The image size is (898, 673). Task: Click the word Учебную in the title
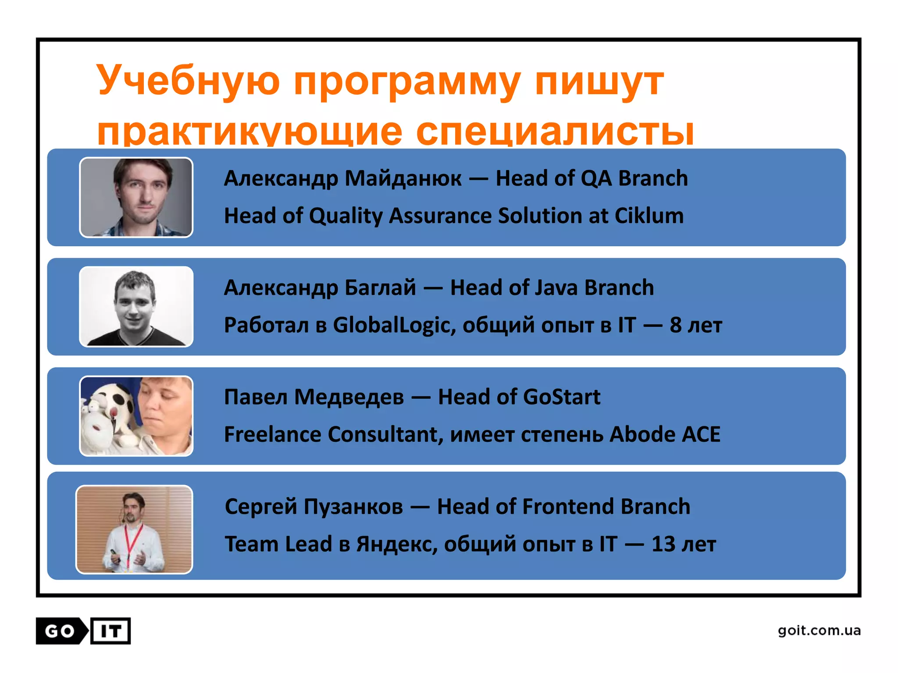pyautogui.click(x=188, y=81)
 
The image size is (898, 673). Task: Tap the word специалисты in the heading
pyautogui.click(x=555, y=131)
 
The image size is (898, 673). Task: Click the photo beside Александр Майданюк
pyautogui.click(x=136, y=197)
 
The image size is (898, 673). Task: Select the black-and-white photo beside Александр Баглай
pyautogui.click(x=136, y=307)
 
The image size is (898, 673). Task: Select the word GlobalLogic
pyautogui.click(x=394, y=325)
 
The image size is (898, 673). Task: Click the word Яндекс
pyautogui.click(x=396, y=544)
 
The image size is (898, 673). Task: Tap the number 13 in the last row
pyautogui.click(x=663, y=544)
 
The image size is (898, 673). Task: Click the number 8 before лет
pyautogui.click(x=675, y=325)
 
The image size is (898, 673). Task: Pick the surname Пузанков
pyautogui.click(x=353, y=507)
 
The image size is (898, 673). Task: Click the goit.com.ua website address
pyautogui.click(x=819, y=630)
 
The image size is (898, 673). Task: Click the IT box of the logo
pyautogui.click(x=110, y=631)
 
